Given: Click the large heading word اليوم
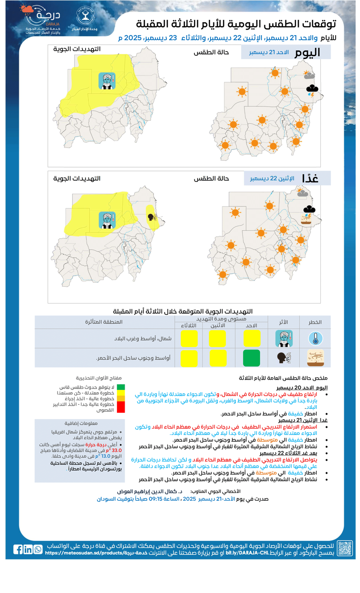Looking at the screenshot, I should [x=307, y=52].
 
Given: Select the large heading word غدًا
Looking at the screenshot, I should [x=310, y=178].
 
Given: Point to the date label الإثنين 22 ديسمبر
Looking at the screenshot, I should [x=272, y=178].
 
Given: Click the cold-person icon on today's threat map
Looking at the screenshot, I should [x=107, y=81].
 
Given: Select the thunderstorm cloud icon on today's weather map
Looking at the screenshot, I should [x=311, y=90].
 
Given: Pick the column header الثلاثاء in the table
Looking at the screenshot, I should [x=188, y=325].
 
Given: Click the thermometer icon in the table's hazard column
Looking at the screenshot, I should [x=315, y=339].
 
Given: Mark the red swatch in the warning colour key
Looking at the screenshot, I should [x=121, y=407].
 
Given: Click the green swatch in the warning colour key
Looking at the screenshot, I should [x=121, y=387].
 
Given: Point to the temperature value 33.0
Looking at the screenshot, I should [x=117, y=450].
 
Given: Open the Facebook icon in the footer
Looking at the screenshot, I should [x=18, y=549].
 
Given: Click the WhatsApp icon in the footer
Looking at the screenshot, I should [x=38, y=549].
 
